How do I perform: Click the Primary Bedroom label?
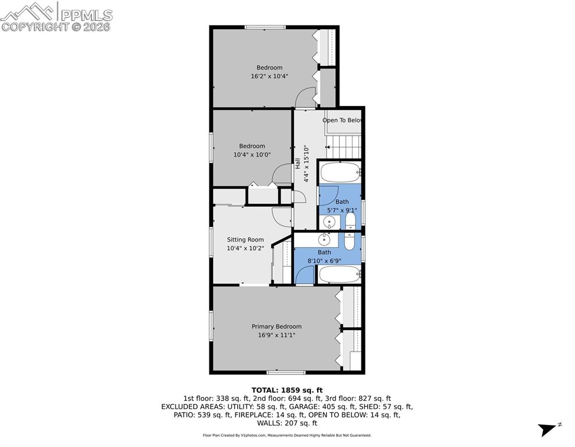coord(276,327)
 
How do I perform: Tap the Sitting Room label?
coord(245,239)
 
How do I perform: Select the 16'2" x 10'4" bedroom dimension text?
coord(269,76)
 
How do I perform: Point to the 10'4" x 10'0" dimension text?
coord(253,154)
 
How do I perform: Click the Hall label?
coord(298,164)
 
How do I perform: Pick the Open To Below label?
coord(342,120)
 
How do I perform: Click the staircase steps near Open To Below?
coord(343,146)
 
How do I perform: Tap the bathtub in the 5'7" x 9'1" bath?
coord(340,173)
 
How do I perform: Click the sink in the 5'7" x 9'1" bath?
coord(329,221)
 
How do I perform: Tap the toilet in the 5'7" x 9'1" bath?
coord(350,221)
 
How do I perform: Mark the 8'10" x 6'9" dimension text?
coord(324,261)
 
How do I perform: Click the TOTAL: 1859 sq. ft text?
coord(287,390)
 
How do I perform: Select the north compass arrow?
coord(548,429)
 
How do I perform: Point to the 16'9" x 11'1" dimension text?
coord(276,335)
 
